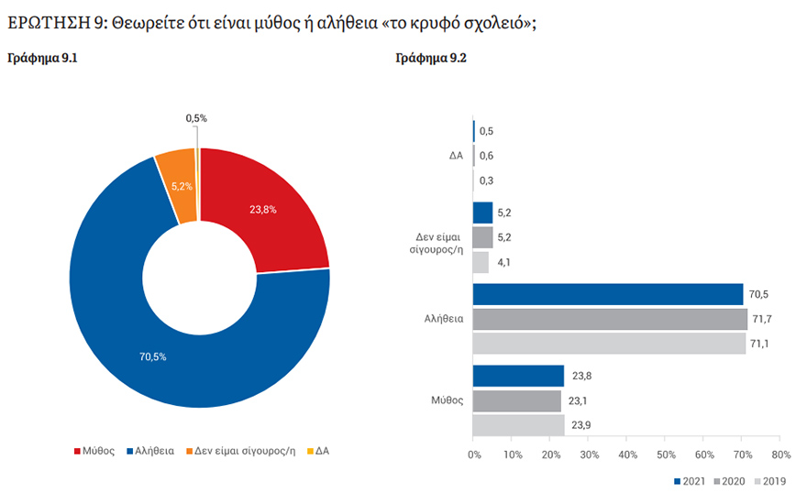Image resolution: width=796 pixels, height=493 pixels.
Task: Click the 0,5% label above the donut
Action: [x=196, y=118]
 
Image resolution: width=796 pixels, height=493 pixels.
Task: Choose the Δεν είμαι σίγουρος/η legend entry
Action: [x=240, y=451]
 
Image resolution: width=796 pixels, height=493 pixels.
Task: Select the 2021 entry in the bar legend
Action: [x=691, y=481]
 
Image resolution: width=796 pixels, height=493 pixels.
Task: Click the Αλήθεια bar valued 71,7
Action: [x=610, y=319]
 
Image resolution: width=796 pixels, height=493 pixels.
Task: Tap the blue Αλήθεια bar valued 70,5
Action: [x=607, y=294]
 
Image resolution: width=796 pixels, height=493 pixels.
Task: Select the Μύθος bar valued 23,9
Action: [x=518, y=425]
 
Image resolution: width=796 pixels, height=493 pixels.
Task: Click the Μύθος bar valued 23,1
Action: [x=516, y=400]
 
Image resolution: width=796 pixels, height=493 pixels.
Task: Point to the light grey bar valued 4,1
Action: [x=481, y=262]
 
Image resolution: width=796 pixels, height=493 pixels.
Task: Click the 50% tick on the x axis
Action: [x=666, y=455]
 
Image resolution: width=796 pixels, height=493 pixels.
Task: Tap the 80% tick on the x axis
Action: [x=780, y=455]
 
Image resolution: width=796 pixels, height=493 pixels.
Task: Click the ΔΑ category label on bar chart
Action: [x=456, y=156]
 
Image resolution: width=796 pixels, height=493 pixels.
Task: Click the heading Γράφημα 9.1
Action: [x=43, y=58]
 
